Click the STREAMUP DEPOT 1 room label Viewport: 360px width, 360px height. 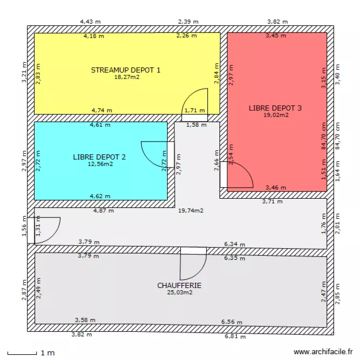[x=126, y=70]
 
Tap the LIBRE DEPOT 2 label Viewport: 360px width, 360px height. [x=100, y=156]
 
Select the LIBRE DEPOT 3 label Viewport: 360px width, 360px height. [x=275, y=108]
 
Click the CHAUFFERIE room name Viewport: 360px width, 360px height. [x=180, y=285]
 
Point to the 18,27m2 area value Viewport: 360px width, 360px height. [x=127, y=77]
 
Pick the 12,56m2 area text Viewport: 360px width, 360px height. [x=100, y=164]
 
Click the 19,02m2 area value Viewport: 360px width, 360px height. [x=276, y=115]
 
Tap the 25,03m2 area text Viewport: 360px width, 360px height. [x=180, y=292]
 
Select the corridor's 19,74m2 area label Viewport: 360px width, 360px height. [x=191, y=210]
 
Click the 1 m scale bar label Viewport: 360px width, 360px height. [x=48, y=353]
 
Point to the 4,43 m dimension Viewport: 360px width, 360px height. [x=91, y=21]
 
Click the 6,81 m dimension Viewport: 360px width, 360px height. [x=236, y=337]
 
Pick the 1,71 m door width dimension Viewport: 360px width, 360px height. [x=195, y=110]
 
